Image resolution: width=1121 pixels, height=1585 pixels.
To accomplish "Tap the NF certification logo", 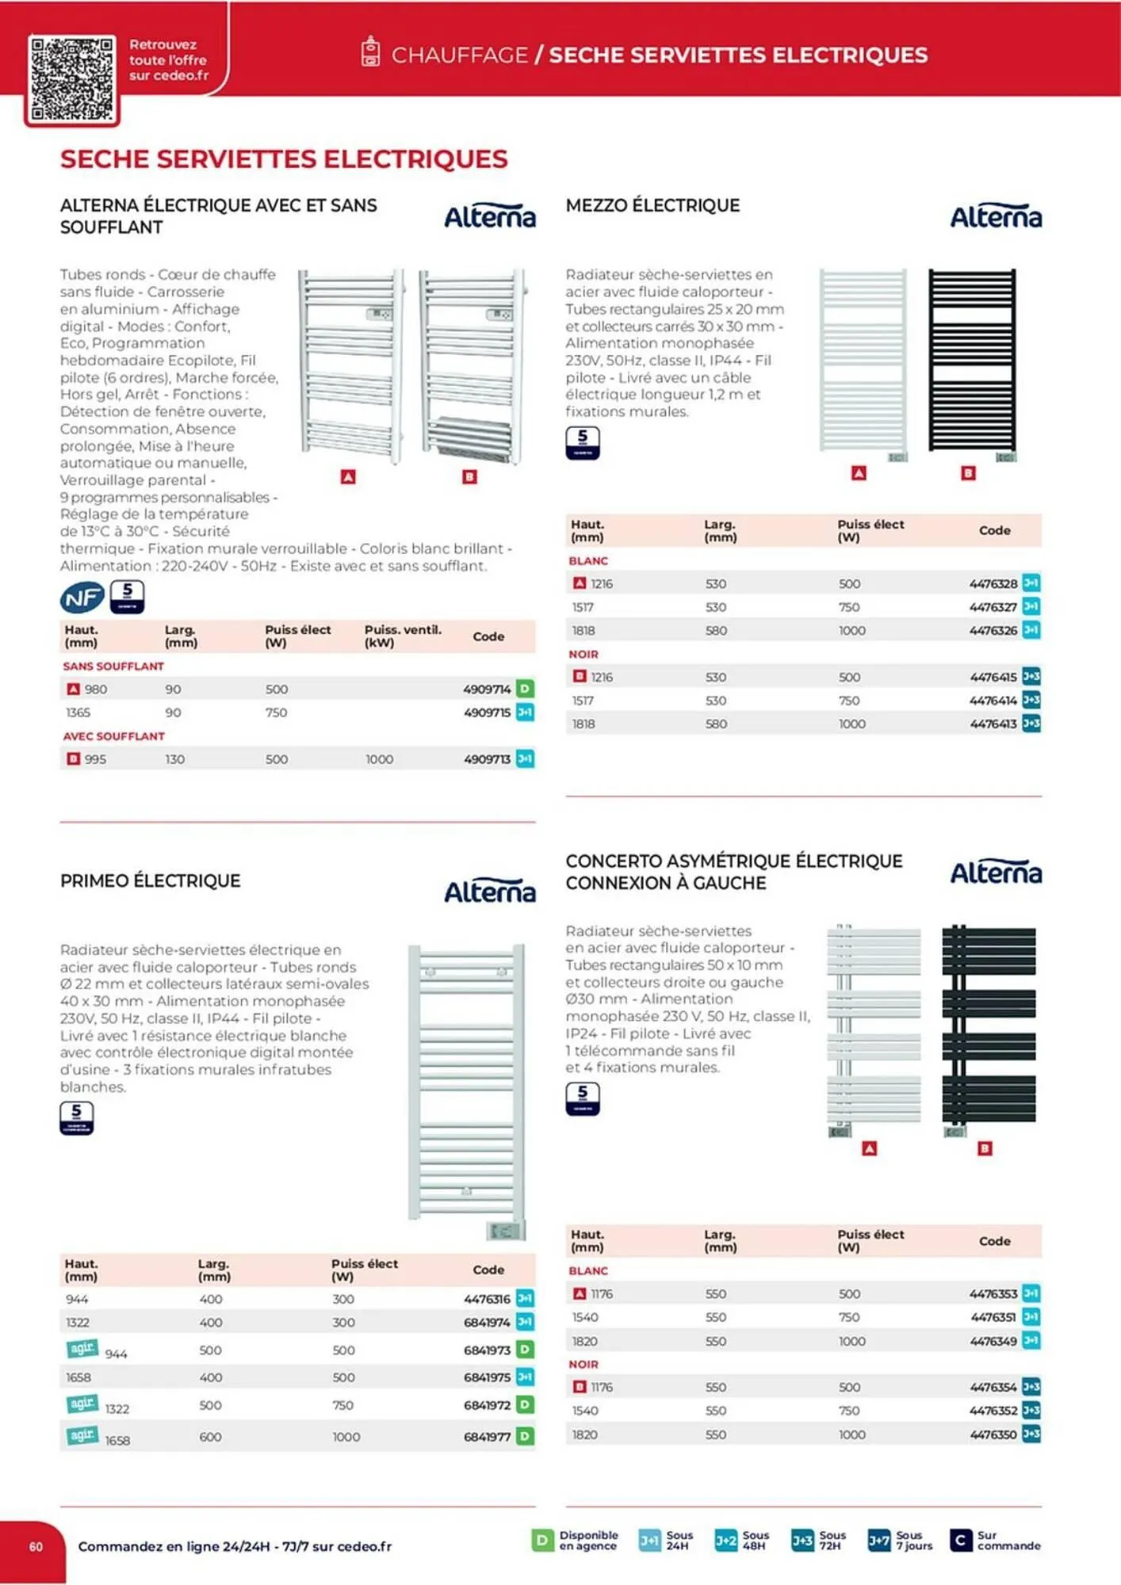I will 82,598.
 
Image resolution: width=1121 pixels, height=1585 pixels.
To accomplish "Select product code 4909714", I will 487,689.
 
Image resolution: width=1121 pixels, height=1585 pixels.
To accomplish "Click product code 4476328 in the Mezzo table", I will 993,584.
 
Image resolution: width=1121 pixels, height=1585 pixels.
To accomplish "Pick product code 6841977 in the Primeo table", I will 487,1437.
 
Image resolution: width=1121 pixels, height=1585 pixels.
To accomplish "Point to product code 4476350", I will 993,1434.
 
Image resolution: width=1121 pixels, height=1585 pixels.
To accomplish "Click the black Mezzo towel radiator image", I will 971,361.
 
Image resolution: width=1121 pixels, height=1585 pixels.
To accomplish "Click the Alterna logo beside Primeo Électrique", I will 489,892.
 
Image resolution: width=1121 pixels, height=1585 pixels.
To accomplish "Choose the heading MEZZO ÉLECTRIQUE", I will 652,206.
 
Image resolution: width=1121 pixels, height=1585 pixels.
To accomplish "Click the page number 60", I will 36,1546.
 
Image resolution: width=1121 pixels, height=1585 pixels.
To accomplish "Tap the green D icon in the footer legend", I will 542,1540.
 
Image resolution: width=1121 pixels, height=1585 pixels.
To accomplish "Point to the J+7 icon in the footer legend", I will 878,1540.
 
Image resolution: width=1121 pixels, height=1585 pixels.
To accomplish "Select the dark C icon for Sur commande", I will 960,1540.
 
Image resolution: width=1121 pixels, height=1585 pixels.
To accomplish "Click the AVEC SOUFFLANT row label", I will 114,736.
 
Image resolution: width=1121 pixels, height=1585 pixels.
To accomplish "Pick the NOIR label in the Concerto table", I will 583,1365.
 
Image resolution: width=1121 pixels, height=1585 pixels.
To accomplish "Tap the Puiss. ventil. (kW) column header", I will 403,636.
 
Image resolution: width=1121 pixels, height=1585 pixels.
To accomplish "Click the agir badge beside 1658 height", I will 82,1435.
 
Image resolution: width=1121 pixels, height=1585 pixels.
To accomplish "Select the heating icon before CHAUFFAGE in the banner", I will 370,52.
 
